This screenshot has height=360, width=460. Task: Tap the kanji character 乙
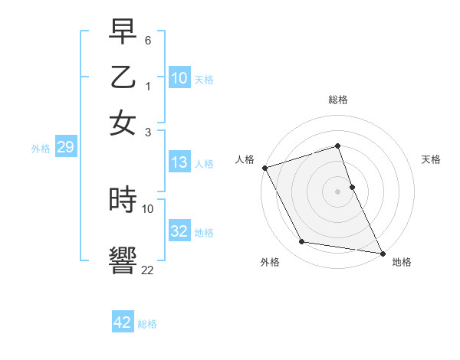point(123,77)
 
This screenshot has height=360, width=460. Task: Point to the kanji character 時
point(123,201)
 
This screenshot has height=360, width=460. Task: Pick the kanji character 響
point(123,259)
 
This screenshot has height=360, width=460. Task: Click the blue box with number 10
point(179,77)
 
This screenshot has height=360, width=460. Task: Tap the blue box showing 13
point(179,162)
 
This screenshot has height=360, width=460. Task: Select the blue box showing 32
point(179,231)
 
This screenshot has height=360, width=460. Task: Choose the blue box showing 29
point(65,147)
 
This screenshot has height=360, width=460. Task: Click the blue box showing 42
point(123,322)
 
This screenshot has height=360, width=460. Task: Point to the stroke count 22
point(147,270)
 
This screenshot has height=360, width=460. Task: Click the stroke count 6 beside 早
point(148,39)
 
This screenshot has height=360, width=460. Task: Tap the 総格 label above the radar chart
point(338,100)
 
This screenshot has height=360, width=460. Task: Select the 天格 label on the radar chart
point(431,159)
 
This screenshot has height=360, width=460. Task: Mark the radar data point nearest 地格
point(382,253)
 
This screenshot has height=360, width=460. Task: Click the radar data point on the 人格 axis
point(265,168)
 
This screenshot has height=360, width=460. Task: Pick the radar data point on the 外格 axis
point(302,242)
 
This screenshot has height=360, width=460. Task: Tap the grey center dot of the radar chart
point(338,191)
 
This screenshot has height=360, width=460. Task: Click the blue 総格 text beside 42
point(147,324)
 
